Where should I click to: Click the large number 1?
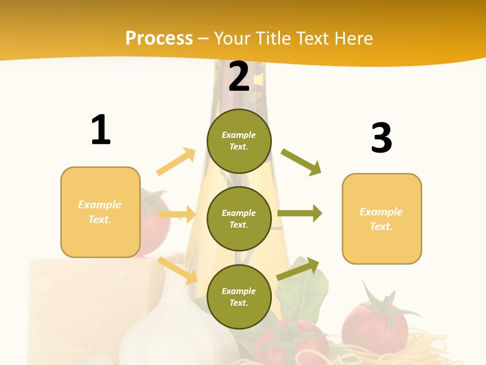pos(101,130)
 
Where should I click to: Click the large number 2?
pos(239,77)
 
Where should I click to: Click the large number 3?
pos(381,138)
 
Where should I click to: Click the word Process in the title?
pos(159,38)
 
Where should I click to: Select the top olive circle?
pos(239,141)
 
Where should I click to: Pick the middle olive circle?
pos(239,218)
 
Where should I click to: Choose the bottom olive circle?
pos(239,297)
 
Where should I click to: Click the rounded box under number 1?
pos(100,212)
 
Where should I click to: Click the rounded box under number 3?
pos(382,218)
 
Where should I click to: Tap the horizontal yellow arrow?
pos(178,214)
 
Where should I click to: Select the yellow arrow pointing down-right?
pos(178,270)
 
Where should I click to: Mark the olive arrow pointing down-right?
pos(301,162)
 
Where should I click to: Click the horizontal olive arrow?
pos(300,213)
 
